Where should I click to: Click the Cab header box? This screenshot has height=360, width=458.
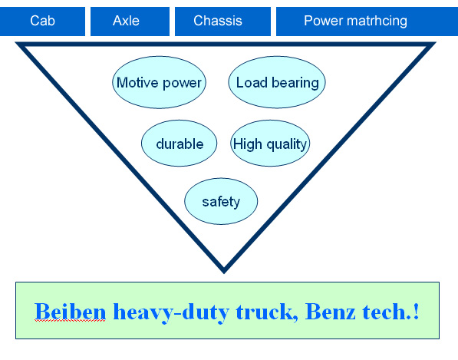click(42, 21)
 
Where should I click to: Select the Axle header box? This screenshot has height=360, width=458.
click(130, 21)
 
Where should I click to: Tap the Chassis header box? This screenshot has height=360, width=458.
click(223, 21)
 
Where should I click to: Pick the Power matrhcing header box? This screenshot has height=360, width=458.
click(367, 21)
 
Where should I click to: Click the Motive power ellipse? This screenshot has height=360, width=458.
click(160, 82)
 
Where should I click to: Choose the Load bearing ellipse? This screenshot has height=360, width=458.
click(277, 82)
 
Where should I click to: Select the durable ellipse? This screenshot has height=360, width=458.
click(179, 144)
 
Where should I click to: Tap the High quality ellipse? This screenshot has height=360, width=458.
click(270, 144)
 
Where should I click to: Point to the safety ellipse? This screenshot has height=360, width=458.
click(221, 201)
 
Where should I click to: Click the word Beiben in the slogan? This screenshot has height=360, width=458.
click(70, 312)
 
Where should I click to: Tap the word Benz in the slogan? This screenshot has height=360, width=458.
click(331, 312)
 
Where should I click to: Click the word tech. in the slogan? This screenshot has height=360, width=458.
click(386, 312)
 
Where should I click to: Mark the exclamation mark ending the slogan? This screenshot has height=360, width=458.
click(416, 312)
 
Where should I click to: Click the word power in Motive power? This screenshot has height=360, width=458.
click(182, 84)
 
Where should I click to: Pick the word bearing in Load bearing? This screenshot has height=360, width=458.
click(295, 83)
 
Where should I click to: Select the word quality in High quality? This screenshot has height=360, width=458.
click(286, 144)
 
